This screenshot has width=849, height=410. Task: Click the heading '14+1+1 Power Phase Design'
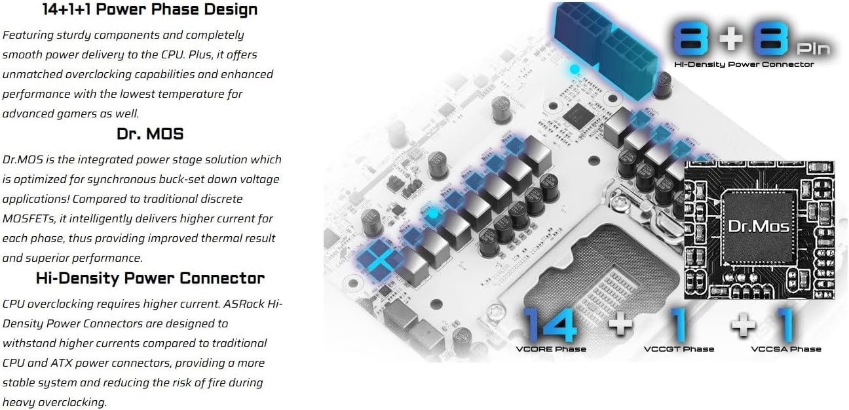[x=150, y=9]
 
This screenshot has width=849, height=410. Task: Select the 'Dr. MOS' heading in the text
[x=150, y=134]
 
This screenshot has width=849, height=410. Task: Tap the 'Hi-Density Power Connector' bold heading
[x=150, y=278]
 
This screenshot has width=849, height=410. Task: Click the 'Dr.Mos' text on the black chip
[x=759, y=226]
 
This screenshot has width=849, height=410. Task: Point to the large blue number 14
[x=550, y=325]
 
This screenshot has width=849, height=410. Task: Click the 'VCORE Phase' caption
[x=551, y=349]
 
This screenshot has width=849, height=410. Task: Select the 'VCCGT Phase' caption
[x=679, y=349]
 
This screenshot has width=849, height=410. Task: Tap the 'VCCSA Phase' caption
[x=786, y=349]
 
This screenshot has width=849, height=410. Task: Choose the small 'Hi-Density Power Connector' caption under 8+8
[x=744, y=64]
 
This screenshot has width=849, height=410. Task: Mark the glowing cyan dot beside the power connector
[x=575, y=69]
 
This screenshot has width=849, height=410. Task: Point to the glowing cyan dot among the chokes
[x=432, y=214]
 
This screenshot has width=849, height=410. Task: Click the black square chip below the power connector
[x=578, y=115]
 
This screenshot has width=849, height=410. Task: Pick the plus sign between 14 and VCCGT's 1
[x=620, y=325]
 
